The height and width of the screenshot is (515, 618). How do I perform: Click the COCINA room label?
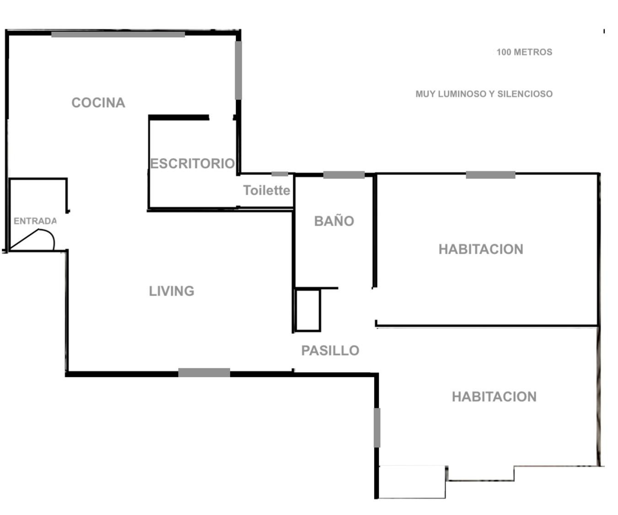coord(98,103)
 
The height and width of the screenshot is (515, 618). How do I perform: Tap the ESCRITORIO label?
coord(193,163)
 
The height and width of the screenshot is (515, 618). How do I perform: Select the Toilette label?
coord(266,190)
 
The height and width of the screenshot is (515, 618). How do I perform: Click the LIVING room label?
coord(172,291)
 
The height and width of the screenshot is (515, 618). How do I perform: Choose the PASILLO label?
coord(330,351)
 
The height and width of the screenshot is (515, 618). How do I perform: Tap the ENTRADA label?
coord(35,221)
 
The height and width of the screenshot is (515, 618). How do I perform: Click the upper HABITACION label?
coord(481,249)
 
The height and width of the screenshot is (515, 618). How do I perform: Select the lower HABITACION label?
coord(494,397)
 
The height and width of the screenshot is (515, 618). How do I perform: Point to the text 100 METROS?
coord(525,52)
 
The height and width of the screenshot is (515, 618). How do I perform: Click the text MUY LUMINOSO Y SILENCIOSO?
coord(484,94)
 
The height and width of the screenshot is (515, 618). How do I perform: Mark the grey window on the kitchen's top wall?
coord(118,34)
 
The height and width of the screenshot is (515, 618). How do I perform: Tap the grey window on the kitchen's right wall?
coord(238,70)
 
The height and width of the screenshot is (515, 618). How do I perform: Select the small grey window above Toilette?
coord(279,174)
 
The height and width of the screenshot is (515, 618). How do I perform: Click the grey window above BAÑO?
coord(344,175)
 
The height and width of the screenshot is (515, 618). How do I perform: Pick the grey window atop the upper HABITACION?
coord(491,175)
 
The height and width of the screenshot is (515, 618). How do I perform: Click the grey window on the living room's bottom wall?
coord(204,373)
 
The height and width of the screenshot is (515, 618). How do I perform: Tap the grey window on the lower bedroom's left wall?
coord(377,428)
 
